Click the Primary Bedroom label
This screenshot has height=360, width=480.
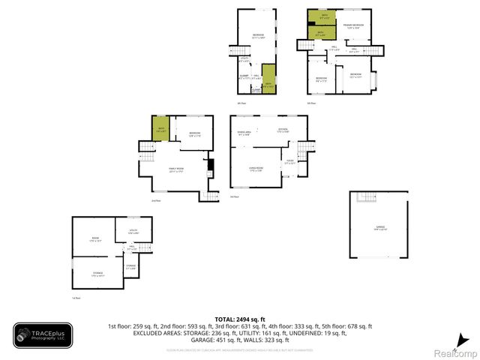point(353,26)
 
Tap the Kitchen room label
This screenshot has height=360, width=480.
point(283,132)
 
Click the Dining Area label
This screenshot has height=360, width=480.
point(244,133)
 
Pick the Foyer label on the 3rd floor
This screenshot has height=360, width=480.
point(289,162)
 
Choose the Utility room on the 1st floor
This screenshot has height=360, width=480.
point(133,231)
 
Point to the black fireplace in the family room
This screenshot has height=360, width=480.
point(211,166)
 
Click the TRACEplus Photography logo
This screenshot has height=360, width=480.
point(43,334)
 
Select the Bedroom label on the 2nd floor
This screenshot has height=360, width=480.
point(194,135)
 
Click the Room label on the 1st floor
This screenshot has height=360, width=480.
point(94,239)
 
